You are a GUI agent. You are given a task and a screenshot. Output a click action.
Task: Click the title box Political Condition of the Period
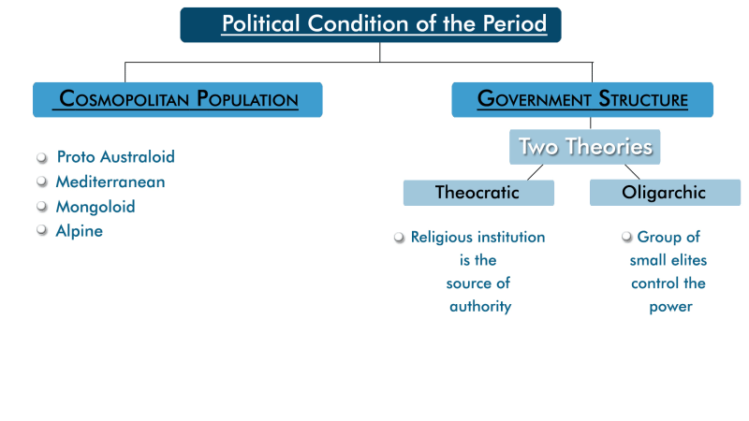coord(371,24)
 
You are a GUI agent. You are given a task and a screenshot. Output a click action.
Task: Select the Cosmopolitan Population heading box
coord(178,99)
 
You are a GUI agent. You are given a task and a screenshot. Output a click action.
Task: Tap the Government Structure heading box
coord(582,99)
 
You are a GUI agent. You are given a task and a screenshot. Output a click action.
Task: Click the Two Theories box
coord(585,147)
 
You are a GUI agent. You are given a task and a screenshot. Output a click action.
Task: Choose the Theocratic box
coord(477,193)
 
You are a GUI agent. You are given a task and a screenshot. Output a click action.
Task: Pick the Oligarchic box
coord(664,193)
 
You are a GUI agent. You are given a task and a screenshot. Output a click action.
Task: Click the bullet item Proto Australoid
coord(115,156)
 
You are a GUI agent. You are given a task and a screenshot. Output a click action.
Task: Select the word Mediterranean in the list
coord(110,181)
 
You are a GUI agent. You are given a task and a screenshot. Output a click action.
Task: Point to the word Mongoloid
coord(95,207)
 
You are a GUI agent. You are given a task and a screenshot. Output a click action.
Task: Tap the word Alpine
coord(79,231)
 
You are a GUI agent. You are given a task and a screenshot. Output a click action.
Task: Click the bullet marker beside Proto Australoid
coord(41,157)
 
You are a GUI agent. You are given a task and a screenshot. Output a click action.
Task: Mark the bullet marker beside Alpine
coord(41,231)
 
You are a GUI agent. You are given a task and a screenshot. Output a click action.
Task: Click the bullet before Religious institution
coord(400,238)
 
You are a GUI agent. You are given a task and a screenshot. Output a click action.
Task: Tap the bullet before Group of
coord(626,238)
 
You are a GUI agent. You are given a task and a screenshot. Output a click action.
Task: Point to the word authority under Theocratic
coord(480,307)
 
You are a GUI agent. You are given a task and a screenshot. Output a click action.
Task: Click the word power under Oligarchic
coord(670,307)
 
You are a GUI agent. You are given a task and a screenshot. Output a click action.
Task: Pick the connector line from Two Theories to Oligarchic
coord(632,172)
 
